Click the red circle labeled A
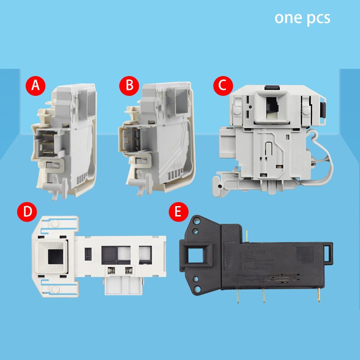[35, 85]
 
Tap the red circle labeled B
[129, 85]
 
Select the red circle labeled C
[221, 85]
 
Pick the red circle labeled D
[27, 212]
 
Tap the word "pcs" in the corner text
[317, 18]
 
